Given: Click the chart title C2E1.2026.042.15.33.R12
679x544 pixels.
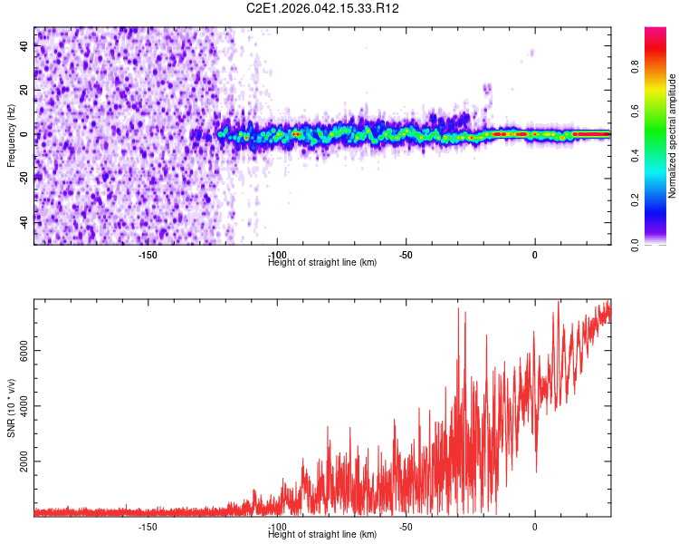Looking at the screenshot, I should [323, 8].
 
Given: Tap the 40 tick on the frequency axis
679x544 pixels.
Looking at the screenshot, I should [24, 47].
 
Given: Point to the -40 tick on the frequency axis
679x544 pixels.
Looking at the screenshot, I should [24, 221].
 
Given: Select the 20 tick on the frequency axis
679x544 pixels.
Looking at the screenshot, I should [24, 91].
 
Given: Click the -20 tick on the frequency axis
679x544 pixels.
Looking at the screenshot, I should [24, 178].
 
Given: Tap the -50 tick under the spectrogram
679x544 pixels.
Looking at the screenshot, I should [406, 255].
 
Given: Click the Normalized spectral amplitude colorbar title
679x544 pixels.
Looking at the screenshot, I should [673, 136].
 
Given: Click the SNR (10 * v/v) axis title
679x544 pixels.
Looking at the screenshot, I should [11, 408].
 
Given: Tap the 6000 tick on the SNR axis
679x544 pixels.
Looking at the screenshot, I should [19, 351].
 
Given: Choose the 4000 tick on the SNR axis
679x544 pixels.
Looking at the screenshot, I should [19, 406].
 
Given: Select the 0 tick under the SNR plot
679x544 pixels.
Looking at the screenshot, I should [535, 527].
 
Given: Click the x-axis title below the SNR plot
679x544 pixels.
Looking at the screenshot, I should [322, 535].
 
